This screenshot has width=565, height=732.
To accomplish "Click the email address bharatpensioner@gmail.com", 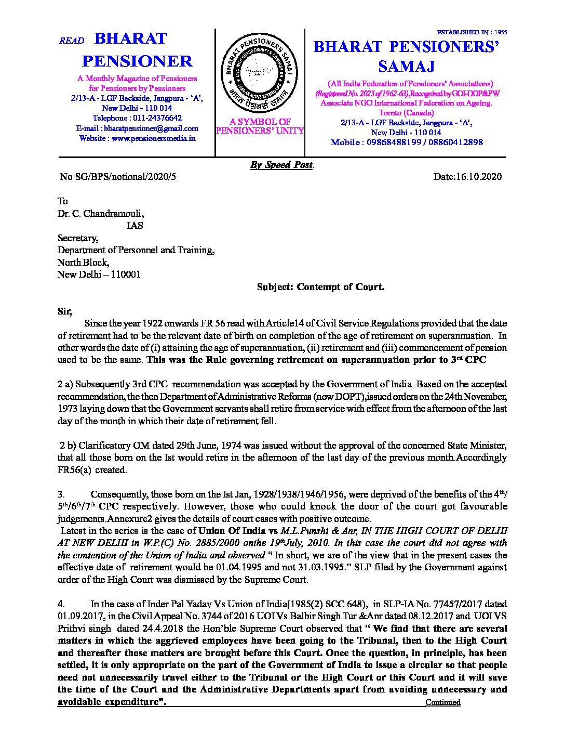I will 151,128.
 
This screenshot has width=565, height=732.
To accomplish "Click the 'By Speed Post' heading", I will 282,165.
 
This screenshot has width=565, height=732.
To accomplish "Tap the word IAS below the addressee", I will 135,226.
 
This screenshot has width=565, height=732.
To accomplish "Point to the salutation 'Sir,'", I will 65,312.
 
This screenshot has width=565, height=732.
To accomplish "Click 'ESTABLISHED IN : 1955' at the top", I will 472,32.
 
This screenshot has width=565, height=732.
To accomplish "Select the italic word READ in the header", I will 72,41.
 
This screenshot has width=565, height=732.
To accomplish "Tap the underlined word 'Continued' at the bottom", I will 443,702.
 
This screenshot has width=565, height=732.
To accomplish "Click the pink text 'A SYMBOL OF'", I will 260,122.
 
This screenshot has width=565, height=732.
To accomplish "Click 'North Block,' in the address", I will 83,263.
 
